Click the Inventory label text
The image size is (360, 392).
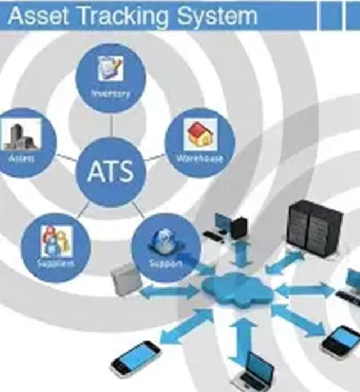click(x=111, y=94)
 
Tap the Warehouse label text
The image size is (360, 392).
click(x=200, y=159)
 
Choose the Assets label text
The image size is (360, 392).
click(x=22, y=159)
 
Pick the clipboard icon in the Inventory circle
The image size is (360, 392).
click(x=111, y=69)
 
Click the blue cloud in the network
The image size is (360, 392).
click(x=237, y=290)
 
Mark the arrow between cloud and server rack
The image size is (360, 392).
click(x=285, y=262)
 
